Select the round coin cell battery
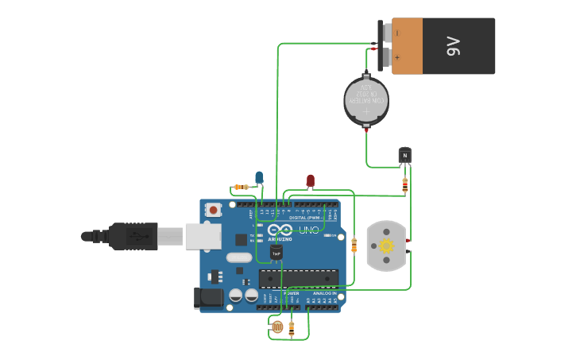366,100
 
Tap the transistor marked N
405,156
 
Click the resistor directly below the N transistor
405,184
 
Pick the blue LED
259,177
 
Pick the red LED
310,181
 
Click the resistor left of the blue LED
241,187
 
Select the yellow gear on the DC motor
386,246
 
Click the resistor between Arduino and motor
354,246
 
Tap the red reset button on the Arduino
213,210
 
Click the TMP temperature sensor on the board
276,253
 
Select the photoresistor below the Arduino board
276,326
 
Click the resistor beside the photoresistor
292,327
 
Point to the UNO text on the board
308,230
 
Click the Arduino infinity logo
280,230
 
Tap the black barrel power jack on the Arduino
208,298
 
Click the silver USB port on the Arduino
203,236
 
